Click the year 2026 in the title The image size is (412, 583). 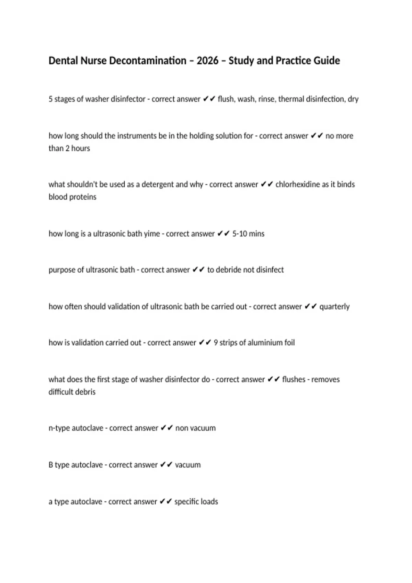[x=207, y=61]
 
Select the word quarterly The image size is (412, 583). [x=334, y=307]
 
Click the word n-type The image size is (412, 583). [x=59, y=428]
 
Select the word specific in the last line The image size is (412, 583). [x=186, y=502]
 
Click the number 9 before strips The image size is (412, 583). [x=216, y=343]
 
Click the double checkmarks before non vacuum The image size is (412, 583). [x=167, y=428]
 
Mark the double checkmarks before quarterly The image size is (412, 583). [x=311, y=307]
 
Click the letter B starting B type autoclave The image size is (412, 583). [x=51, y=465]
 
